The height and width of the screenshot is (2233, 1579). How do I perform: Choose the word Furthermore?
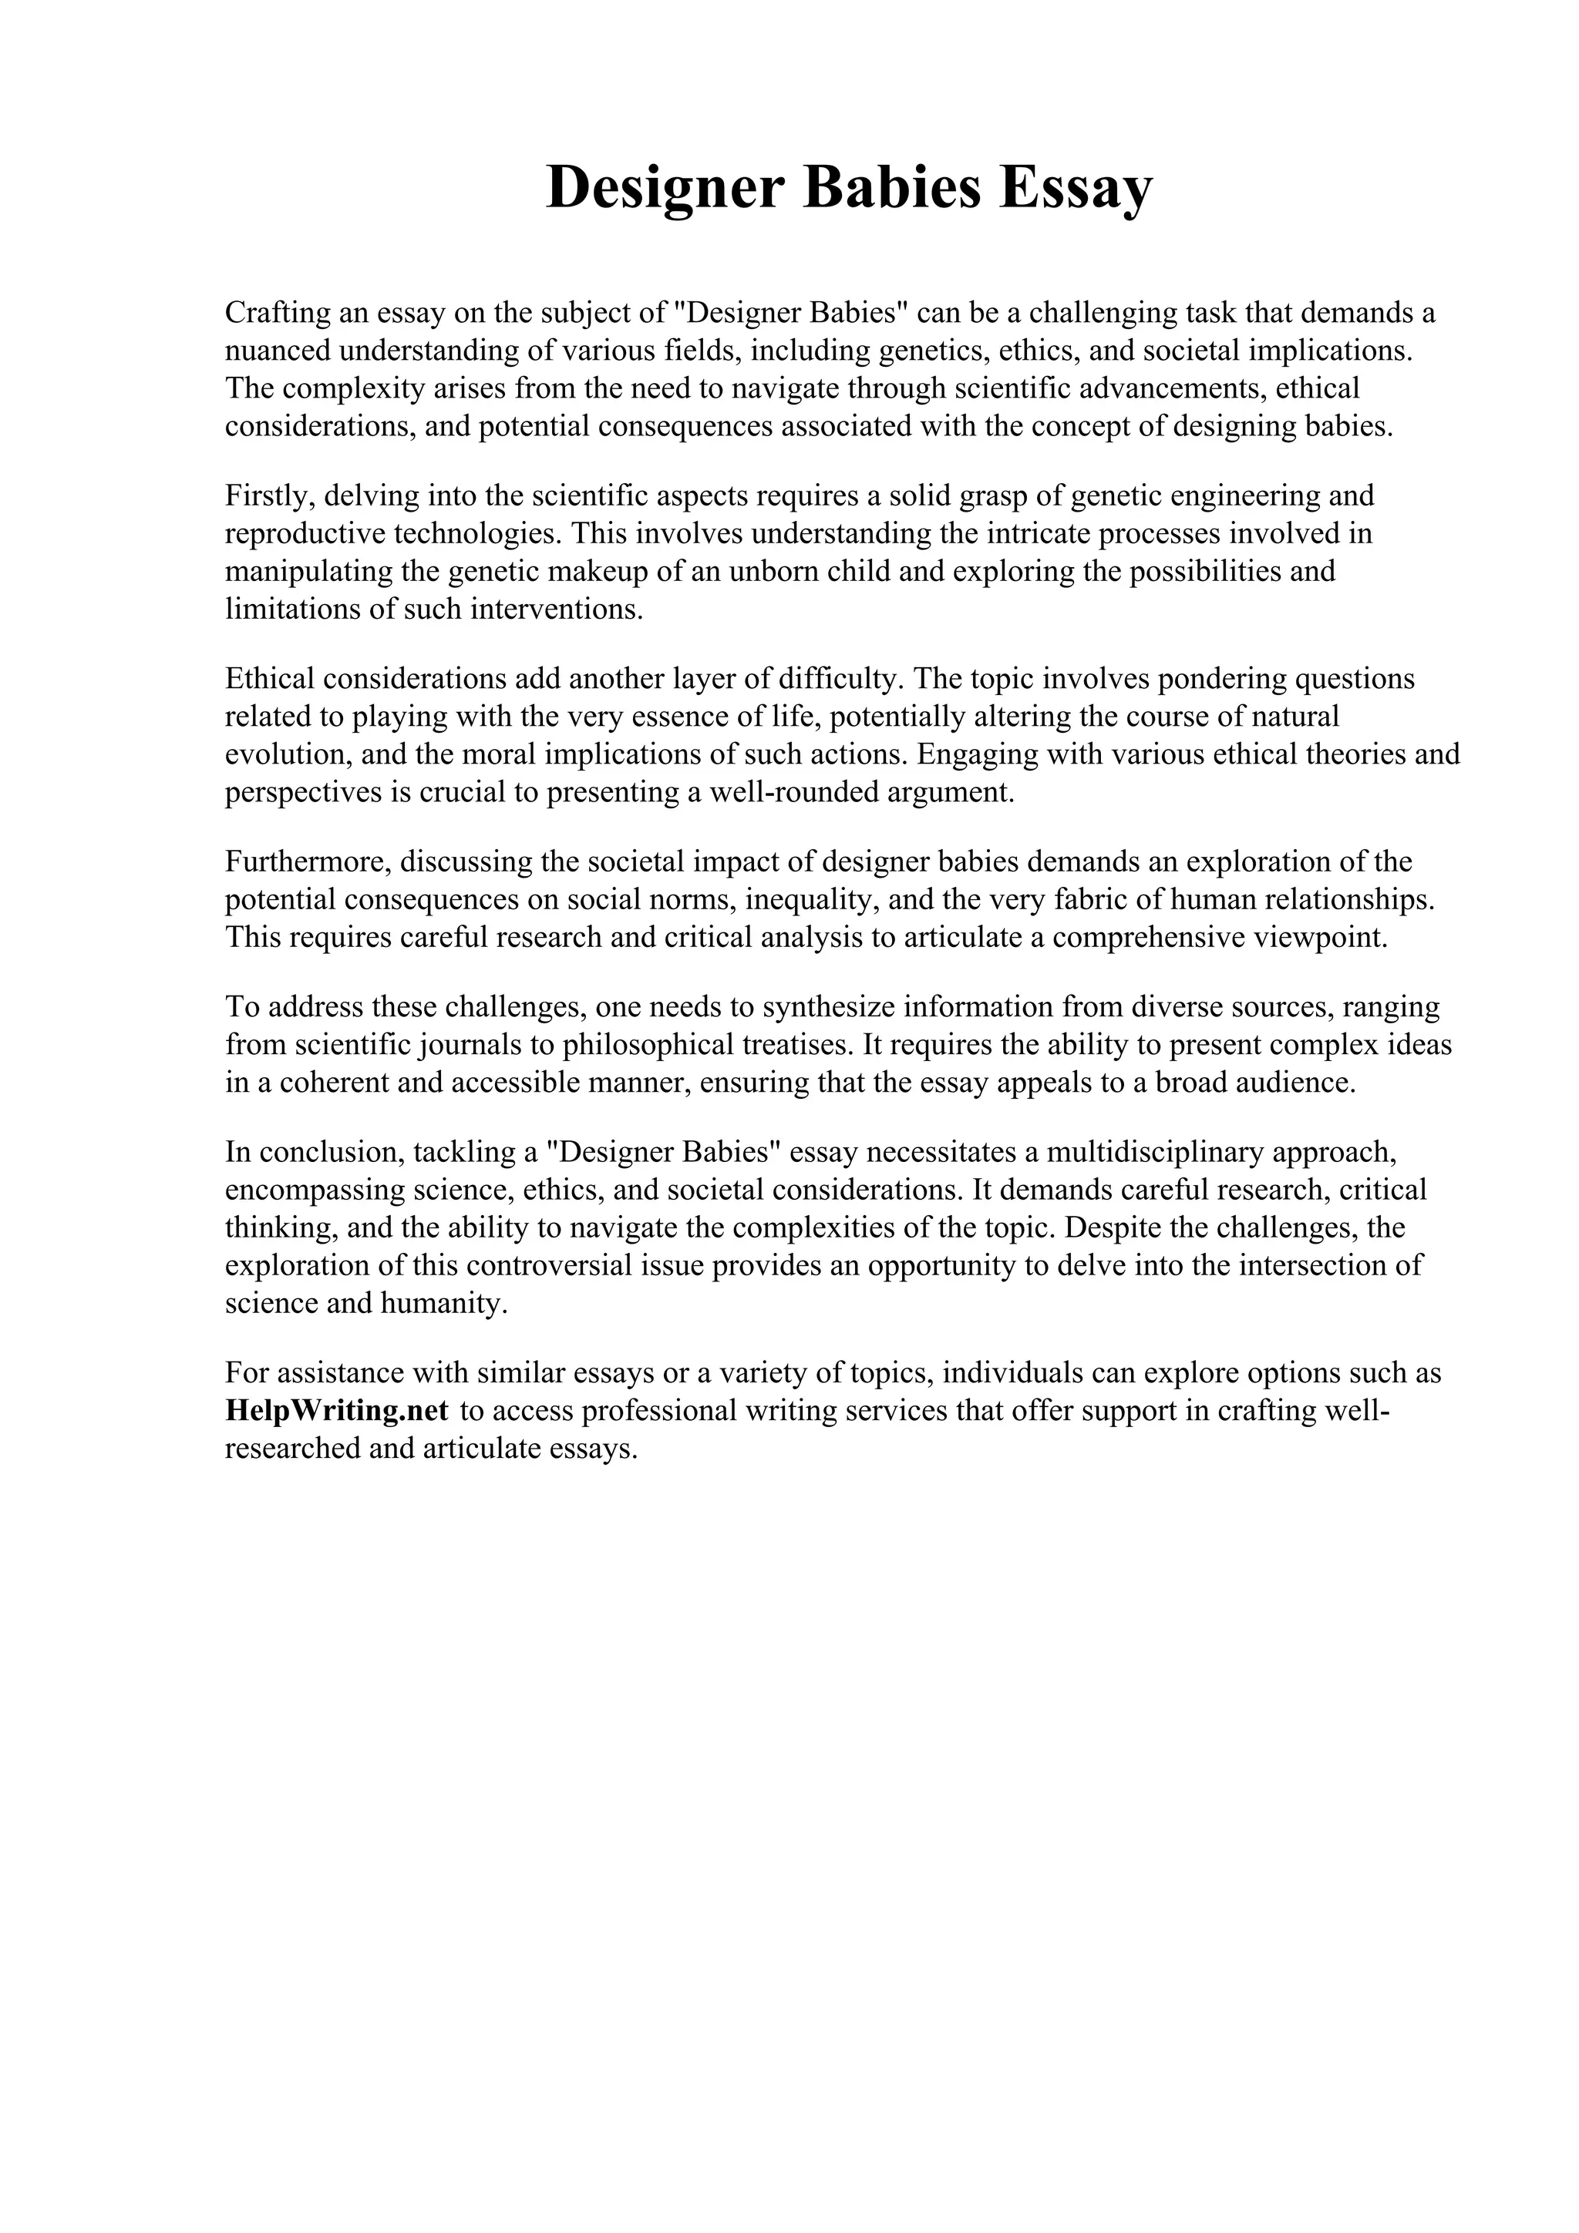tap(308, 861)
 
